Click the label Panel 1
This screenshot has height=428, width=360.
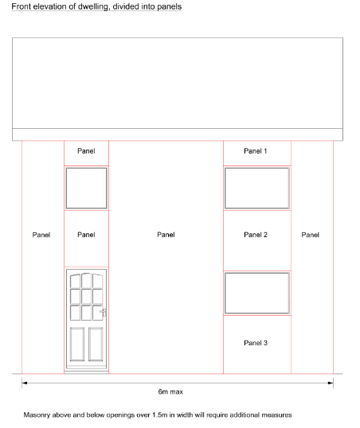[x=256, y=151]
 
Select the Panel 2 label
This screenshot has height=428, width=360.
[x=256, y=235]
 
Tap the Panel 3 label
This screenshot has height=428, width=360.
[x=256, y=343]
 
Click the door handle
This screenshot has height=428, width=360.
[x=104, y=313]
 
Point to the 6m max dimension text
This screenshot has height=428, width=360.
[x=170, y=391]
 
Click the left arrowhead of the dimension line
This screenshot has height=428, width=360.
[x=25, y=383]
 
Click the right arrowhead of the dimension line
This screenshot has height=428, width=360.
[x=331, y=383]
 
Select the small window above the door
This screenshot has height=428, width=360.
[x=86, y=188]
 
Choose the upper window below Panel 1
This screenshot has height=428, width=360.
[x=257, y=188]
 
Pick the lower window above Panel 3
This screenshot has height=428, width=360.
[x=257, y=294]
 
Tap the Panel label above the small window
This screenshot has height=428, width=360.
[x=86, y=151]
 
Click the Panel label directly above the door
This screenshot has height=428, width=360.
[x=86, y=235]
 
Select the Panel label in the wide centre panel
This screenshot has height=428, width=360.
[x=166, y=235]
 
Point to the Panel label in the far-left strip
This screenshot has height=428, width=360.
[x=41, y=235]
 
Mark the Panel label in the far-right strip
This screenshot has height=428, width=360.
[x=310, y=235]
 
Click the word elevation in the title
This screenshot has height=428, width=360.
[x=49, y=6]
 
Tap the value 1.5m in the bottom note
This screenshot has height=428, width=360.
[x=159, y=415]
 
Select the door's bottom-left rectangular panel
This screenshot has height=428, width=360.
[x=77, y=344]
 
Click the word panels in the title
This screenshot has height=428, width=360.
[x=170, y=6]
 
